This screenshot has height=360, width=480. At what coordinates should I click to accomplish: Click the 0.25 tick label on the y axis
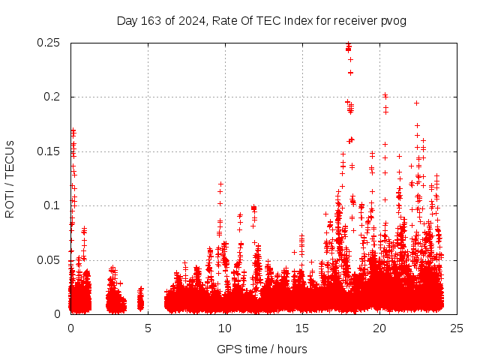coord(49,43)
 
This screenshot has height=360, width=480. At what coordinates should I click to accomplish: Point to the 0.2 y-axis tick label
coord(52,97)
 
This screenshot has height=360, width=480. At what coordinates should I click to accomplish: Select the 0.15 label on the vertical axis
coord(49,151)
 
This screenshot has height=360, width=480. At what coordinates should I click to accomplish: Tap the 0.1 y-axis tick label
coord(52,205)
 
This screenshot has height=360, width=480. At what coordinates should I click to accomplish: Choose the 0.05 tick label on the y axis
coord(49,259)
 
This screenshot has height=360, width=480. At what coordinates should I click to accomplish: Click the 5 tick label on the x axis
coord(148,328)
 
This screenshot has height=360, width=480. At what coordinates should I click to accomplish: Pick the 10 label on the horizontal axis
coord(225,328)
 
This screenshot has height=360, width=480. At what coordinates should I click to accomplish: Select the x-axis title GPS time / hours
coord(262,349)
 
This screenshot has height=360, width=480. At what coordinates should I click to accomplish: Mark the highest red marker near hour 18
coord(348,44)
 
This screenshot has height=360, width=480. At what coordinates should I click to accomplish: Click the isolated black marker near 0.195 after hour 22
coord(416,103)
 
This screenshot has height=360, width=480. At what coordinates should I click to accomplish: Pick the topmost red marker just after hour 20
coord(385,95)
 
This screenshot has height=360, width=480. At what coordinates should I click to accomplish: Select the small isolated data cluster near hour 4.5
coord(140,300)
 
